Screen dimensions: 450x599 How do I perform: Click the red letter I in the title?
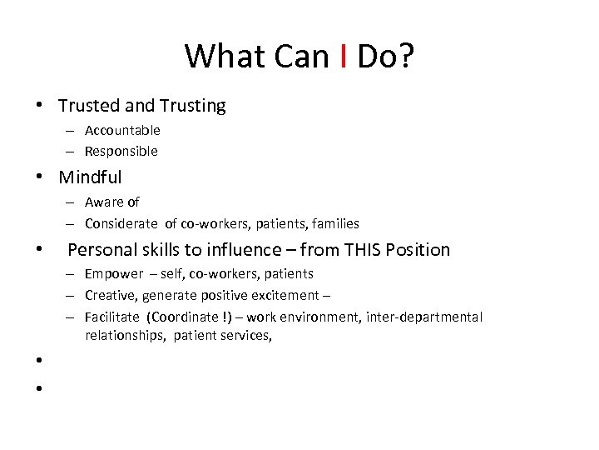[x=344, y=57]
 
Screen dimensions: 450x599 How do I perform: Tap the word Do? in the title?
[x=385, y=57]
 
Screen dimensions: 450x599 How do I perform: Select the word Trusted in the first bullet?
[x=89, y=106]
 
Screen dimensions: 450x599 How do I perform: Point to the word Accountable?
[x=122, y=130]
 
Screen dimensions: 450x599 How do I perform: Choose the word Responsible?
[x=121, y=152]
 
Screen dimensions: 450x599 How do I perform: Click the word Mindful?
[x=90, y=177]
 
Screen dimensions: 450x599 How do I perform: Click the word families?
[x=333, y=223]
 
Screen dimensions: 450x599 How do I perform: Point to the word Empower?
[x=114, y=273]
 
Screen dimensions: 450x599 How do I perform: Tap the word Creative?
[x=111, y=295]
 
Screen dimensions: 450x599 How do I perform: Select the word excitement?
[x=286, y=295]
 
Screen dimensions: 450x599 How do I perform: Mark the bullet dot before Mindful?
[x=39, y=177]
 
